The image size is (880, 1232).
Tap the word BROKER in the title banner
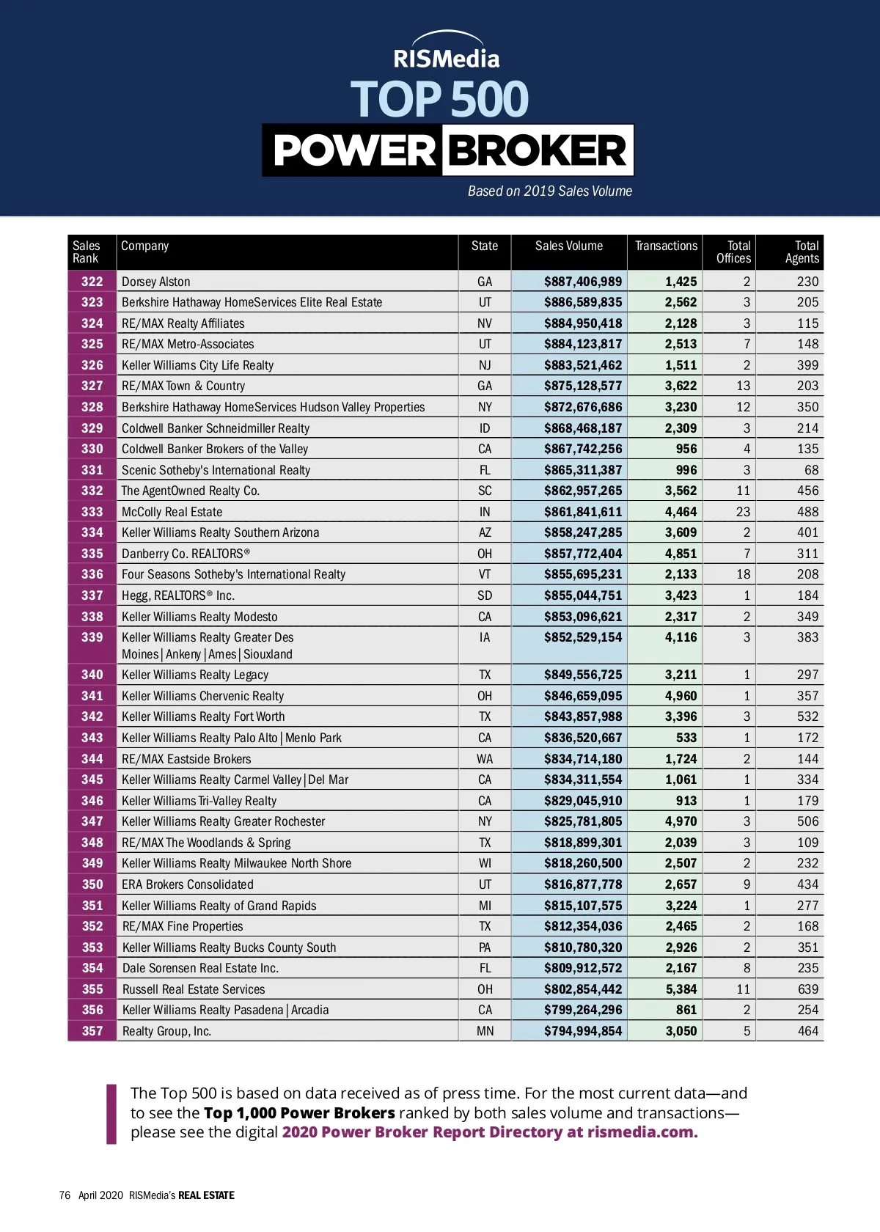(x=538, y=151)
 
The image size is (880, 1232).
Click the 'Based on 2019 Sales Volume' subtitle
(x=550, y=191)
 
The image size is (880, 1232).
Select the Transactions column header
(x=666, y=246)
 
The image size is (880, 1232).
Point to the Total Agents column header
(x=802, y=252)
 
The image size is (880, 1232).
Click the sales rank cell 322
(x=92, y=282)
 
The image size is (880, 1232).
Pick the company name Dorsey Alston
(x=156, y=282)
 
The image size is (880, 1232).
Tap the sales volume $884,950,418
(x=583, y=323)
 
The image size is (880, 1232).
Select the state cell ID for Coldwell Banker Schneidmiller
(x=485, y=428)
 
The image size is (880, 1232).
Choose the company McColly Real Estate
(x=172, y=512)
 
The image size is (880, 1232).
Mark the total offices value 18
(x=743, y=574)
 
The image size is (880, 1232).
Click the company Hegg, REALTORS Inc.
(x=178, y=595)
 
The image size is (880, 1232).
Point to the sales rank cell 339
(x=92, y=637)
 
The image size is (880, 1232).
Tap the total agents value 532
(x=807, y=716)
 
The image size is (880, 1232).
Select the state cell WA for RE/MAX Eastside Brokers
(x=485, y=759)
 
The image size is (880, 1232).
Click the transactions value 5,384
(x=681, y=989)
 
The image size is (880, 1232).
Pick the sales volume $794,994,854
(x=583, y=1031)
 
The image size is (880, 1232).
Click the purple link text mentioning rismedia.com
(x=490, y=1132)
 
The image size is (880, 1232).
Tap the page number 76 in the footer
(x=65, y=1195)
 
